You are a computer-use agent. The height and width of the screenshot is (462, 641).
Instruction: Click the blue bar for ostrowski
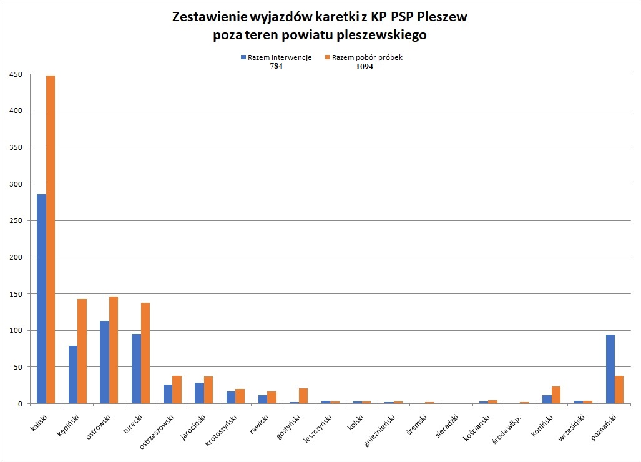104,362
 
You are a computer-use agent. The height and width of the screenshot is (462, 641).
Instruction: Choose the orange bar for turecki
145,353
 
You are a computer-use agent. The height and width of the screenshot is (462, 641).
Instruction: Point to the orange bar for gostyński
303,396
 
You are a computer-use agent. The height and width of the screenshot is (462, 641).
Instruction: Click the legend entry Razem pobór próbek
367,57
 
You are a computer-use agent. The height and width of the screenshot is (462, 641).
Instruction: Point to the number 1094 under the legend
364,67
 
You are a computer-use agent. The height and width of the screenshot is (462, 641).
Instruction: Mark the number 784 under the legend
276,67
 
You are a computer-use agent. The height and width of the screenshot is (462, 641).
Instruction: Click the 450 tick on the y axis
16,74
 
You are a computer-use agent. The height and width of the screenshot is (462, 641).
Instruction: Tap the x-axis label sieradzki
446,425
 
